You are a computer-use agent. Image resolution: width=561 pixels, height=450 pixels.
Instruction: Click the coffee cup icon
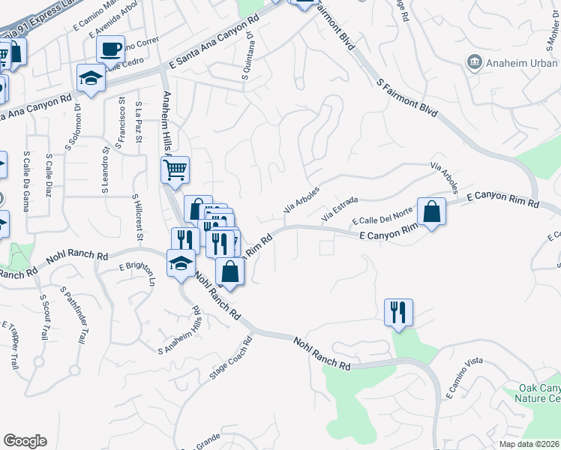(110, 50)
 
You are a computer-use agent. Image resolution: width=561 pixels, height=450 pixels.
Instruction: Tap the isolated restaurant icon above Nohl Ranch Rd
(398, 310)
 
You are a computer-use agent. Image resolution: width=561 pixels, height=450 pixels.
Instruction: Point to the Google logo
(24, 441)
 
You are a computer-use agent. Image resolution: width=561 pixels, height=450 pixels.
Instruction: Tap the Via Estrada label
(340, 208)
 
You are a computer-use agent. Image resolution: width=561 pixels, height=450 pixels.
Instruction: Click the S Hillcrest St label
(137, 218)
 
